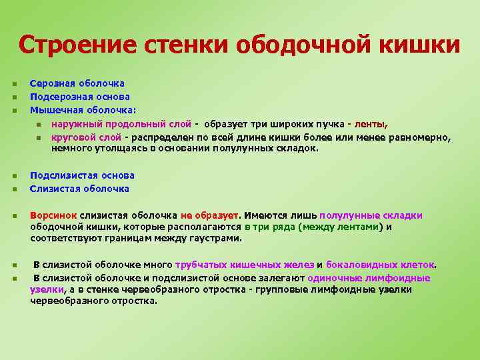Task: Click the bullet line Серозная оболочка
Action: point(77,84)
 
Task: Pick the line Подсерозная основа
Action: point(79,97)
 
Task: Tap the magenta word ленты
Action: point(371,124)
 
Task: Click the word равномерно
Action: point(420,137)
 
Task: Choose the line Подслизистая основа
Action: point(82,175)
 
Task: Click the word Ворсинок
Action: point(53,215)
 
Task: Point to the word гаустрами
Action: point(217,237)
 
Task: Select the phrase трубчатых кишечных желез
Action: point(245,264)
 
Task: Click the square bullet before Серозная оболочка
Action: point(14,84)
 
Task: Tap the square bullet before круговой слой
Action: point(39,137)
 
